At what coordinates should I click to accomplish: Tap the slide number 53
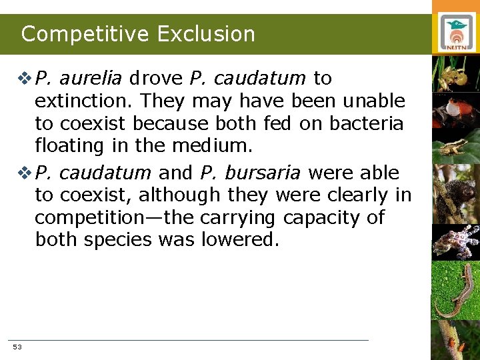tap(17, 347)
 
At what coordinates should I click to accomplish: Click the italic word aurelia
tap(92, 79)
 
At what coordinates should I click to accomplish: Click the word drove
tap(156, 79)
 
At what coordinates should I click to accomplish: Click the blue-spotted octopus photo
tap(456, 241)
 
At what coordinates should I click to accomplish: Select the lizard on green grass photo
tap(456, 291)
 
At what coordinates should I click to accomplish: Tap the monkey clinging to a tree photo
tap(456, 193)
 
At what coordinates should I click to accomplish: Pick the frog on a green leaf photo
tap(456, 145)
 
